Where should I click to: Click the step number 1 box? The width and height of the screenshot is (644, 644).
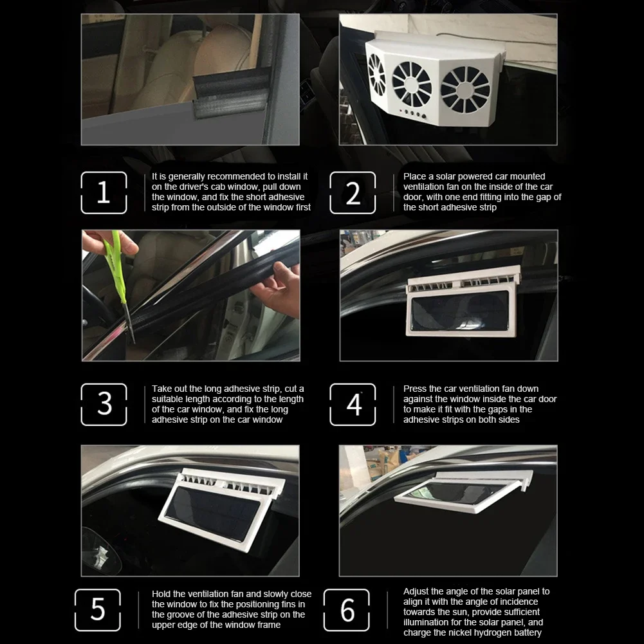tap(104, 192)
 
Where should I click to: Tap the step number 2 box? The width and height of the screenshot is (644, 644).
tap(353, 192)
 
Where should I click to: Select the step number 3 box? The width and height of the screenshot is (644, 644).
tap(104, 404)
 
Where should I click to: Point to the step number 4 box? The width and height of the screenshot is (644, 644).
tap(353, 404)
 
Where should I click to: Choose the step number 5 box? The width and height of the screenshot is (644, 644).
tap(97, 609)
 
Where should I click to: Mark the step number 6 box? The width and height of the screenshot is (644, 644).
tap(347, 609)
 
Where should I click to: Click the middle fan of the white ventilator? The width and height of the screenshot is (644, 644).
tap(412, 84)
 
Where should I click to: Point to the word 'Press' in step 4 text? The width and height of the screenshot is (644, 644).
tap(415, 389)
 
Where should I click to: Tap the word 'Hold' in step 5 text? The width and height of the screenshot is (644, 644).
tap(161, 594)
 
